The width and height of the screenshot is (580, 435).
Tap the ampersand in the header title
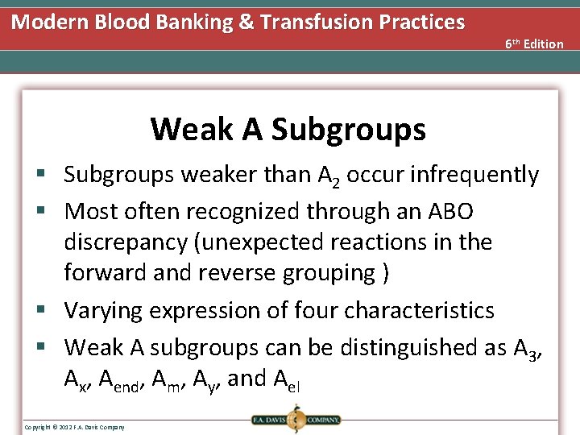246,22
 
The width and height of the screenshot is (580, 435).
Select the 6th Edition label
534,43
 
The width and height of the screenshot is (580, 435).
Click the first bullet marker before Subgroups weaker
51,175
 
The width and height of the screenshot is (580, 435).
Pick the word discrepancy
130,242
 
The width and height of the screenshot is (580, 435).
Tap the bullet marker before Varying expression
51,311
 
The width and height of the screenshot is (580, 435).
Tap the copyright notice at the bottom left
74,426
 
